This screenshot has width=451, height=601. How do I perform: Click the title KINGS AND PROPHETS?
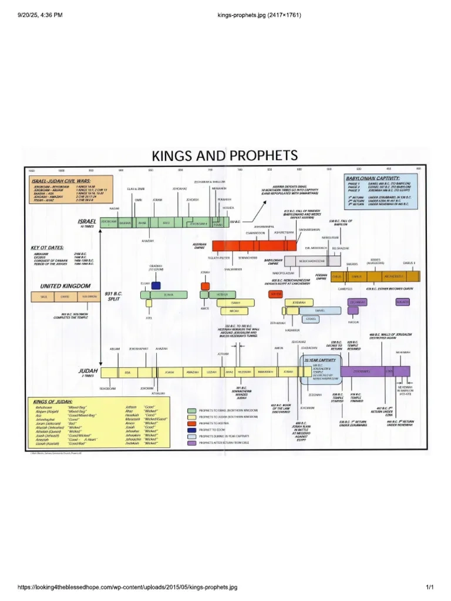[225, 156]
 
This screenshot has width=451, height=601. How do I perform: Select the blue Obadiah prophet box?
[156, 285]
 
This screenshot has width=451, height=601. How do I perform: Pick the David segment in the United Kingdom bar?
[64, 297]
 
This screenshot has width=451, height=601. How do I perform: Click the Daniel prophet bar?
[319, 310]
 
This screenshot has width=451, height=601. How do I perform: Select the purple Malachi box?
[402, 302]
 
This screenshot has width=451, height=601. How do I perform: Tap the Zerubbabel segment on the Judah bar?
[361, 372]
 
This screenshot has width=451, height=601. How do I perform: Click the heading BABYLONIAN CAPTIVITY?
[381, 177]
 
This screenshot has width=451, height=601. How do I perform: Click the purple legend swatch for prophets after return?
[191, 444]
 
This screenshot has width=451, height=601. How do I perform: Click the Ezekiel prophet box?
[311, 319]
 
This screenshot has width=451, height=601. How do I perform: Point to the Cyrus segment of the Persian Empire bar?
[336, 276]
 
